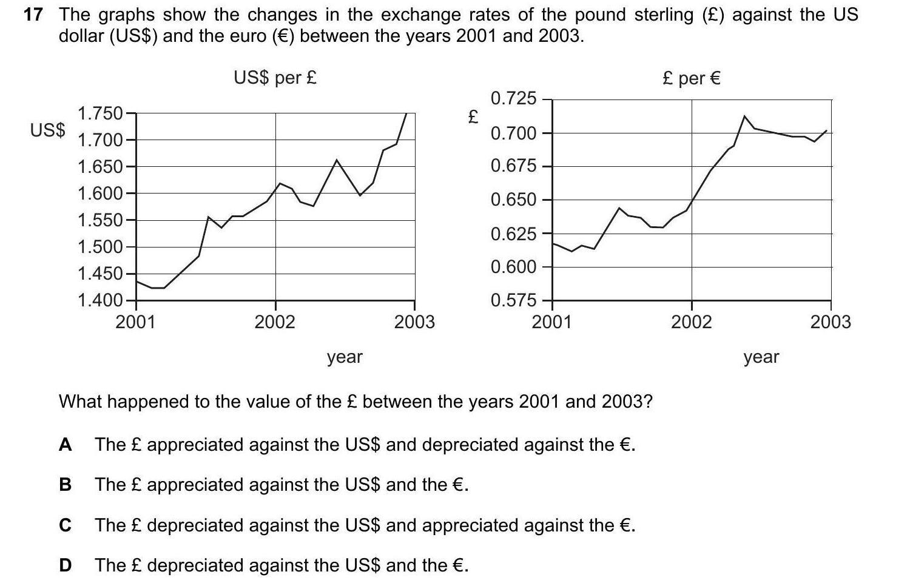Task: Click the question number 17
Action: pos(32,15)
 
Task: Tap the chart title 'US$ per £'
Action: pos(275,78)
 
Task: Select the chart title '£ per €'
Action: pos(692,78)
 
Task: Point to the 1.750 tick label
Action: pos(100,113)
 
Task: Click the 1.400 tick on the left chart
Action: pos(100,300)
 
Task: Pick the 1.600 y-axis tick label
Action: pos(100,194)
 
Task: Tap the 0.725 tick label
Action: pos(513,98)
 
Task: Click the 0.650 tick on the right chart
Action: pos(513,200)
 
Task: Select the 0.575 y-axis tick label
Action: pos(513,300)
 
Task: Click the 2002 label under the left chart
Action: pos(275,322)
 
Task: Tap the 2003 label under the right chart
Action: pos(831,322)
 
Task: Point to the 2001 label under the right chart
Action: pos(551,322)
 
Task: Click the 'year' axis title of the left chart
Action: pos(345,357)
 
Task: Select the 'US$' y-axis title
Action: pos(48,130)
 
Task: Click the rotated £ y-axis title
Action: pos(473,116)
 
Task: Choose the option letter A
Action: pos(66,445)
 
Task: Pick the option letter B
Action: pos(66,485)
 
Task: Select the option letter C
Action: pos(66,525)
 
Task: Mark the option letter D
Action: pos(66,565)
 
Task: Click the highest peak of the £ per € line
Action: pos(744,116)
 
